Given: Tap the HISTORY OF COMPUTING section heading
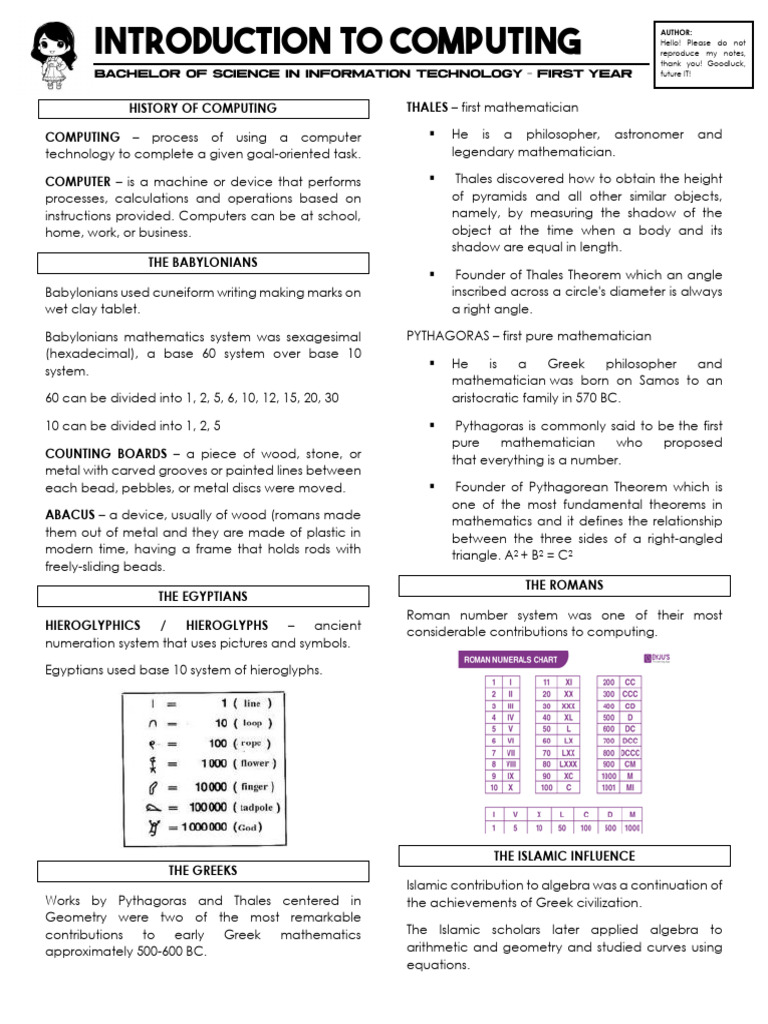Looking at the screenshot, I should [x=203, y=108].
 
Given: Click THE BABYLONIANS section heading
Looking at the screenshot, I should [x=203, y=262].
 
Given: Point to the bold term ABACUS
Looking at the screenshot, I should [x=70, y=514].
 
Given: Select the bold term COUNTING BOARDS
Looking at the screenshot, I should [x=105, y=453].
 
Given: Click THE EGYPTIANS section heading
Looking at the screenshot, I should [x=203, y=596].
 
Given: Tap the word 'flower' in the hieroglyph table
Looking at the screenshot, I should [x=253, y=763].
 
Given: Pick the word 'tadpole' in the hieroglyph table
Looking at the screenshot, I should [x=258, y=806].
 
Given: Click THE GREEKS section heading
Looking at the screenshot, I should [x=203, y=870].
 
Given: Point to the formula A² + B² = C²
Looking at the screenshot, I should [x=524, y=555].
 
